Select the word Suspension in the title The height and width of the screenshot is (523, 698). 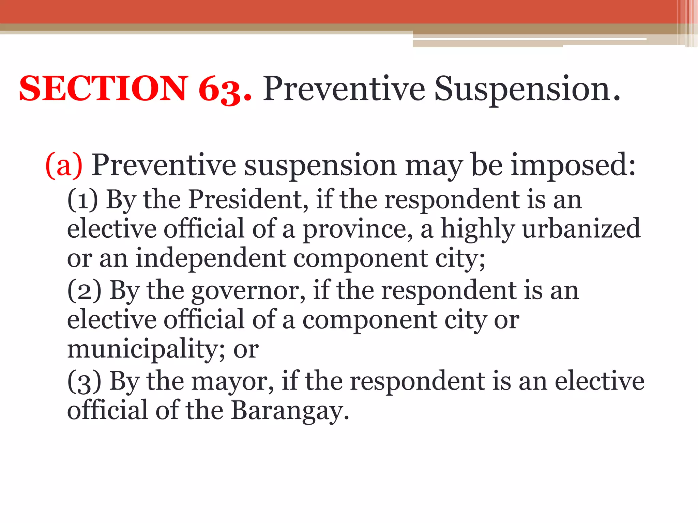pyautogui.click(x=527, y=90)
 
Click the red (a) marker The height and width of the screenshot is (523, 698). pyautogui.click(x=64, y=165)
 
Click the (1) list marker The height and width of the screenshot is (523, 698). pyautogui.click(x=83, y=200)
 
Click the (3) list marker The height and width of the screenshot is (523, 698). pyautogui.click(x=84, y=382)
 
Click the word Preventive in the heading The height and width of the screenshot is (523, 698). pyautogui.click(x=344, y=90)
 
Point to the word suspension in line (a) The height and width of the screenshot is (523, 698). pyautogui.click(x=320, y=166)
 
